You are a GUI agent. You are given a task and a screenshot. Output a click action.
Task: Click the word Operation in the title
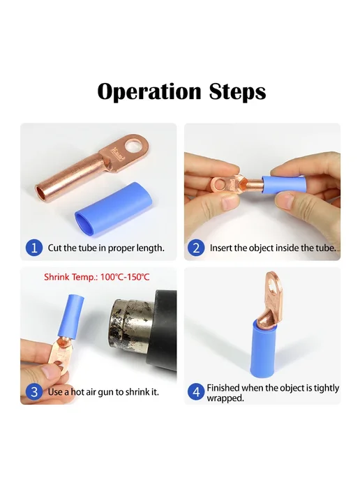point(149,92)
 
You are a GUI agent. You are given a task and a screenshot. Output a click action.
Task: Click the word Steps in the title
point(237,92)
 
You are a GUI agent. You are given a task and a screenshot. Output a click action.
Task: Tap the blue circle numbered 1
point(34,248)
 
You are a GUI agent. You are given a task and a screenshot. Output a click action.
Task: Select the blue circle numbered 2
point(196,248)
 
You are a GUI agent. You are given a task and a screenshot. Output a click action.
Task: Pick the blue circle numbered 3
point(34,392)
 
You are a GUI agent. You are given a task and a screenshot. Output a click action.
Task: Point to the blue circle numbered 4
point(196,392)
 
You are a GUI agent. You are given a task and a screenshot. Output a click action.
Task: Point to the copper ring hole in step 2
point(220,184)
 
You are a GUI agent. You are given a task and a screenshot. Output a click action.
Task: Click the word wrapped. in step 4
point(225,398)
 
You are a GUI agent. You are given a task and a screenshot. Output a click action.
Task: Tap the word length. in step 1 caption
point(149,248)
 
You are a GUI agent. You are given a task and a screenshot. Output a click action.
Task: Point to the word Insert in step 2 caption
point(220,248)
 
